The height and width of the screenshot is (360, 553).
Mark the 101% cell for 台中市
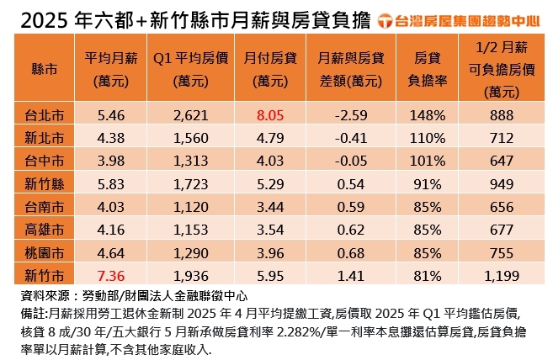point(431,157)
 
